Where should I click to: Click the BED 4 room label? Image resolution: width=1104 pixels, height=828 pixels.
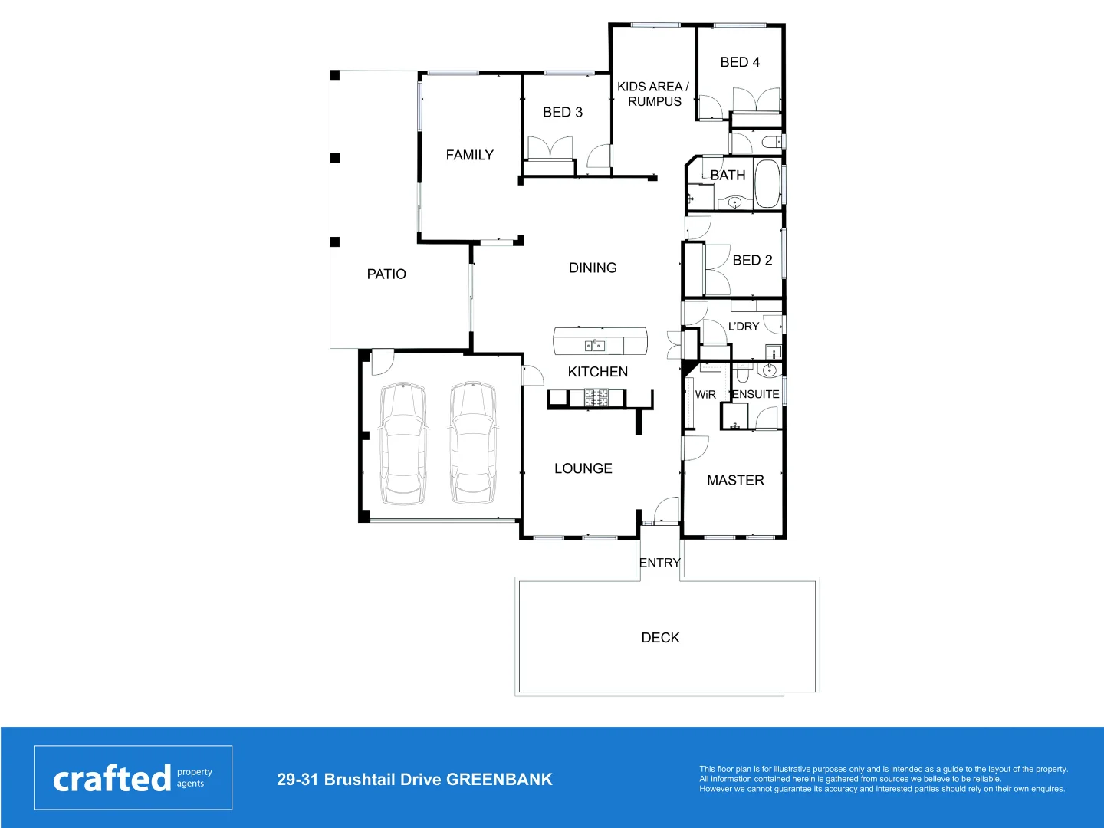coord(740,62)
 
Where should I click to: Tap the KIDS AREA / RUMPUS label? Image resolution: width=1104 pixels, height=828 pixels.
coord(653,94)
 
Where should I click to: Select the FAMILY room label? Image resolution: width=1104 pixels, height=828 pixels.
coord(469,155)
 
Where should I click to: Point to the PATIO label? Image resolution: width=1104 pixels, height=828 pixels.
coord(386,274)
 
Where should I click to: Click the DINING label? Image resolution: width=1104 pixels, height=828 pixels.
coord(593,268)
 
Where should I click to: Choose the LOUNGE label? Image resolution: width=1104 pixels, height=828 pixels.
coord(583,468)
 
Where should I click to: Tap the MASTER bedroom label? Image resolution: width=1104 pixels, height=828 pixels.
coord(735,481)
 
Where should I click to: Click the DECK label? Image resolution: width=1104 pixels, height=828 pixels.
coord(660,638)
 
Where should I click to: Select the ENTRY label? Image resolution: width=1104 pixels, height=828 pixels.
coord(659,563)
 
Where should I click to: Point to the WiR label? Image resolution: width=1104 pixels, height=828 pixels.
coord(705,395)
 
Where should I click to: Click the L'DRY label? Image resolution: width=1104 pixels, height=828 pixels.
coord(744,327)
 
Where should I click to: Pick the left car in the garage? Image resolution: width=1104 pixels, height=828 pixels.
coord(403,444)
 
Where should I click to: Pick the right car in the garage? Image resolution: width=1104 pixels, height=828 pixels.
coord(472,444)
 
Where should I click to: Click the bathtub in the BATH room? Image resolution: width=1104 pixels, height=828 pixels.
coord(767,184)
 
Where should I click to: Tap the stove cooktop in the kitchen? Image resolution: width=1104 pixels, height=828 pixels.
coord(597,398)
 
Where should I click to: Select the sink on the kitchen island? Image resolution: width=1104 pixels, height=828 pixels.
coord(595,346)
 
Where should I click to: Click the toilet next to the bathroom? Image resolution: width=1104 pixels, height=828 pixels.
coord(770,143)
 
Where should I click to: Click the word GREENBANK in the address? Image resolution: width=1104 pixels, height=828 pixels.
coord(499,780)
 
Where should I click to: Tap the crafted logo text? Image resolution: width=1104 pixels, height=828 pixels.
coord(112,779)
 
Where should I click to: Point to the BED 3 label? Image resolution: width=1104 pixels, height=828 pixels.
coord(563,113)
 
